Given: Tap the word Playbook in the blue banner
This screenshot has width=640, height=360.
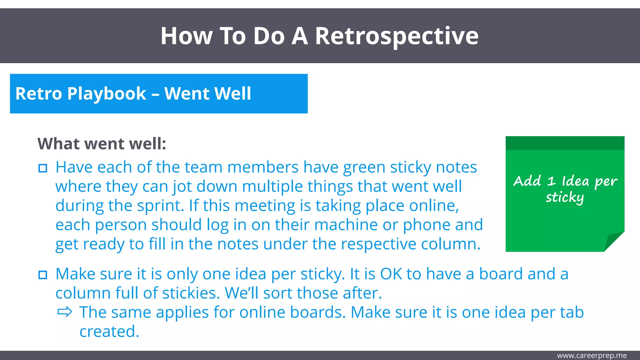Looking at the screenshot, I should point(107,94).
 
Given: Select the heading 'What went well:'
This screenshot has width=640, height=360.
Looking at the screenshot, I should point(102,144).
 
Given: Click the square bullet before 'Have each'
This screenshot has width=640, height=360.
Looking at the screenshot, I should point(43,168).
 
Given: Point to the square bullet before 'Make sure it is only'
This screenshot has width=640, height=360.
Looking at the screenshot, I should point(43,275).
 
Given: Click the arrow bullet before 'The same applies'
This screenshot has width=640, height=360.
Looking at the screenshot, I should point(65,312).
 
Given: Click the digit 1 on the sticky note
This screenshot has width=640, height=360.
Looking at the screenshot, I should point(551,181).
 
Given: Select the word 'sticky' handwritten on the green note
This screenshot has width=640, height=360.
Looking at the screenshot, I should point(565,197).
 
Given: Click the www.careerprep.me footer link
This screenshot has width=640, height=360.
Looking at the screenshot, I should point(592,356).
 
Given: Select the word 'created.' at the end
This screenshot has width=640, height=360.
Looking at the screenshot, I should point(109,332).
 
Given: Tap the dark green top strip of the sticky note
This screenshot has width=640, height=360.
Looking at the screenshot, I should point(565,143).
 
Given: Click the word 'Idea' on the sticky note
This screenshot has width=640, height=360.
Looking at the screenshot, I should point(575,181).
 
